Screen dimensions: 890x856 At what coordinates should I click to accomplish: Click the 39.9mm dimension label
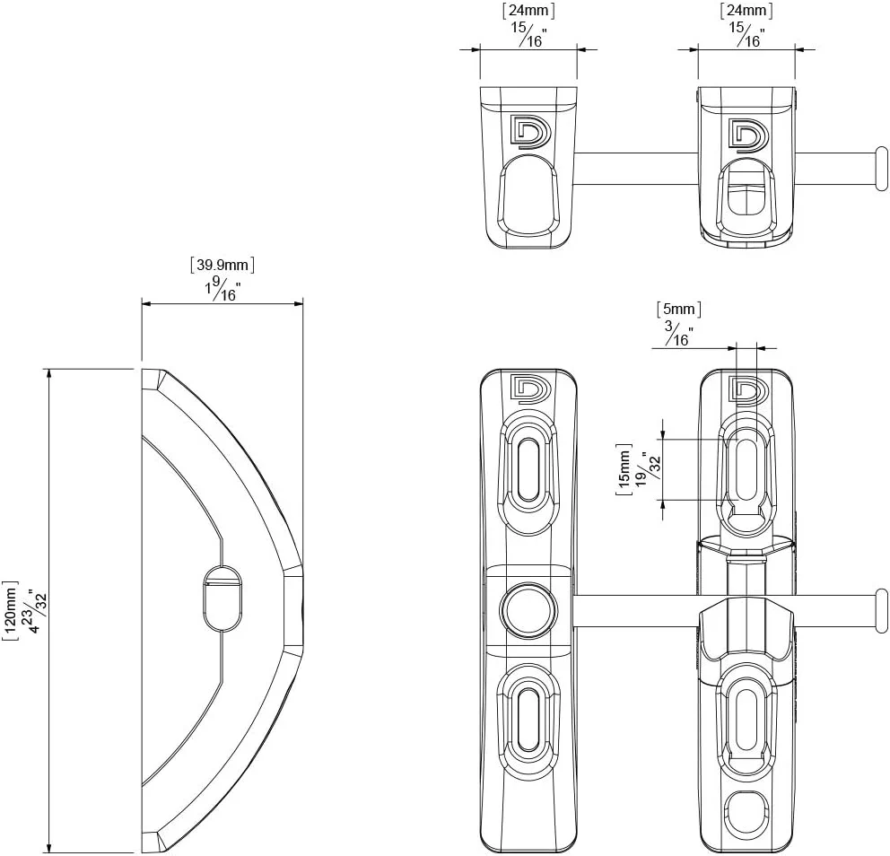(x=222, y=265)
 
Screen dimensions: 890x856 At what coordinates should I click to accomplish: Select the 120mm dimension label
(x=11, y=611)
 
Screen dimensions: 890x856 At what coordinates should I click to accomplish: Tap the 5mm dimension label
(x=679, y=310)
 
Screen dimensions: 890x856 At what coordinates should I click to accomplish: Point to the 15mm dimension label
(x=624, y=469)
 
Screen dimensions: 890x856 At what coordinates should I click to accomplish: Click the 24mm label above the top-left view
(x=528, y=11)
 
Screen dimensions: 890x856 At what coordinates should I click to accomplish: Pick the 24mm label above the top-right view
(x=746, y=11)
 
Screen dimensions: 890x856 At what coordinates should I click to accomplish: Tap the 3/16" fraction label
(x=679, y=335)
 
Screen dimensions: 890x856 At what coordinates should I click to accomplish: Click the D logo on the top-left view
(x=531, y=132)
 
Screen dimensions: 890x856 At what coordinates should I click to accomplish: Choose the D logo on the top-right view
(x=748, y=135)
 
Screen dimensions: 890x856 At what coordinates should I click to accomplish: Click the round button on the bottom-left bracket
(x=528, y=610)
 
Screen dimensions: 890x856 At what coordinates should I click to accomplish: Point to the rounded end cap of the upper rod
(x=882, y=169)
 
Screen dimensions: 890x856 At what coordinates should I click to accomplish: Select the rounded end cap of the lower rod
(x=882, y=611)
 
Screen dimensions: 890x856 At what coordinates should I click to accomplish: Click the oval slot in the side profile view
(x=222, y=598)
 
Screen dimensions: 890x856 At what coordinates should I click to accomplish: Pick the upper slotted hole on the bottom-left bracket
(x=528, y=469)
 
